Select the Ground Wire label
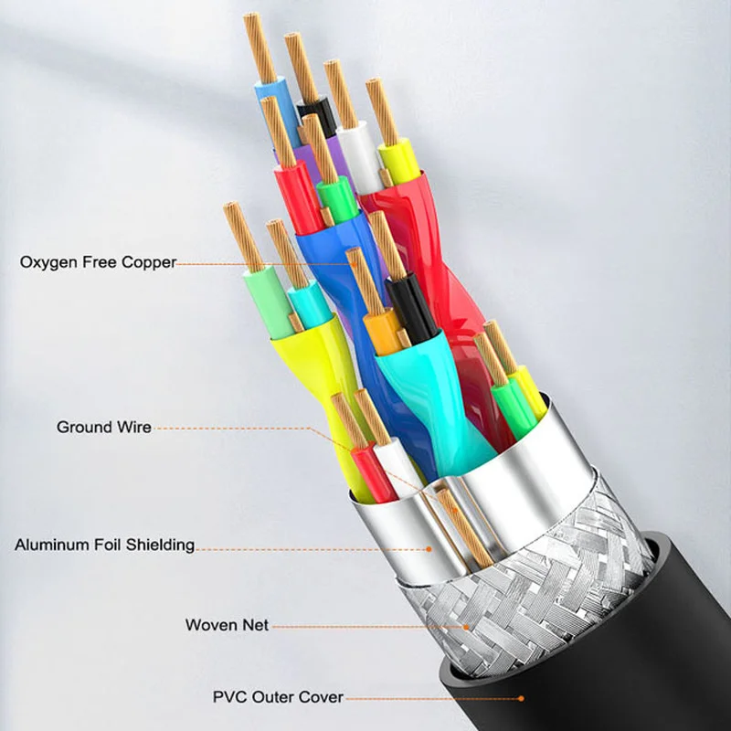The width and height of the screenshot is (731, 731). click(104, 427)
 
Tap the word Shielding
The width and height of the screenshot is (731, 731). click(163, 545)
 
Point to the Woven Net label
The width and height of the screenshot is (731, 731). click(228, 625)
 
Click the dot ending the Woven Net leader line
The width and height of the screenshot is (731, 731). click(467, 626)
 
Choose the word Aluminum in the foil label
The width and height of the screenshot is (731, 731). click(51, 545)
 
